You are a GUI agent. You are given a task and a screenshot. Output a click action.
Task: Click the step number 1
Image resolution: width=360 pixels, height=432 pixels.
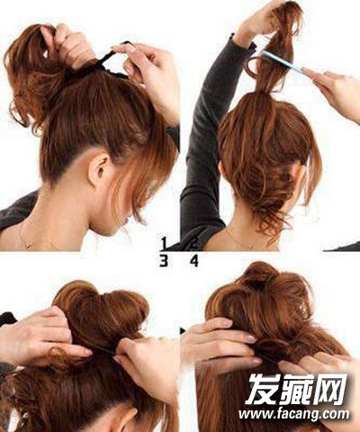164,243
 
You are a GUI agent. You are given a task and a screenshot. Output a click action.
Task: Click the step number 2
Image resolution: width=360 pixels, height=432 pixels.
194,243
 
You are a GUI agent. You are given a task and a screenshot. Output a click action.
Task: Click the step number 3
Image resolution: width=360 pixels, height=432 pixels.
164,261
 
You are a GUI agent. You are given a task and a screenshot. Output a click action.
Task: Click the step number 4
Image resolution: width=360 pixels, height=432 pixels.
194,261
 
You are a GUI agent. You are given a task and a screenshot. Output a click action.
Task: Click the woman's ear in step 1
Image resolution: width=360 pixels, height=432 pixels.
98,169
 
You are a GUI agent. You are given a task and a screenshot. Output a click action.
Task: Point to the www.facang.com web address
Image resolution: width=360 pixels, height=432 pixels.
294,414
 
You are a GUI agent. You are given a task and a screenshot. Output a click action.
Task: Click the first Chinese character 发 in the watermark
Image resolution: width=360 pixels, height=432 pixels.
263,389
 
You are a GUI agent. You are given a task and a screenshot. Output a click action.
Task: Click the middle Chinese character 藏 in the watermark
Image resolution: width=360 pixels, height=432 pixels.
296,389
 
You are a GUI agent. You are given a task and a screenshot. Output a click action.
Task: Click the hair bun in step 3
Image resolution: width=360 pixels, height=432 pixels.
102,312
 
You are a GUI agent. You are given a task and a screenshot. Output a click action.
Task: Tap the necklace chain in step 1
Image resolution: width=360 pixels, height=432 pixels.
24,237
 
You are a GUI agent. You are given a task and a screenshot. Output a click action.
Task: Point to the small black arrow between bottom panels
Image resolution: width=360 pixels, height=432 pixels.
183,331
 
